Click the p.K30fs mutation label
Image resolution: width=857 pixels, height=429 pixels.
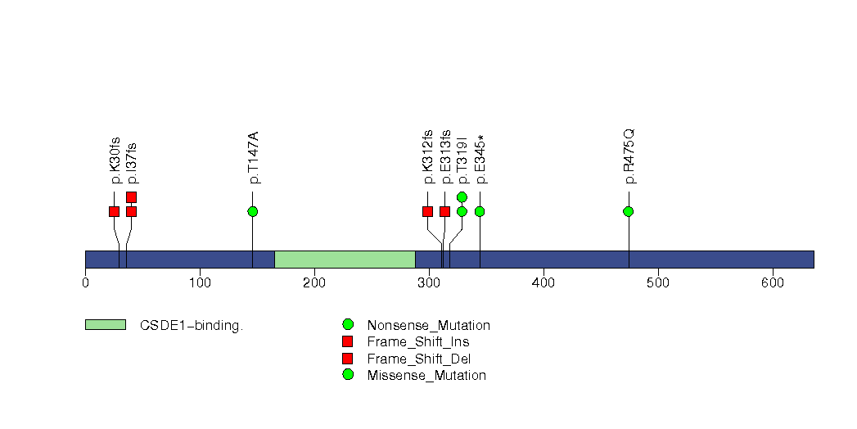115,160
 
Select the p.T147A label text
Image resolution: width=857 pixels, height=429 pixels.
253,157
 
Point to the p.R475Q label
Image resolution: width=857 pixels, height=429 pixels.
629,156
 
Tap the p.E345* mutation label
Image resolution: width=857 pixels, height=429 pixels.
480,159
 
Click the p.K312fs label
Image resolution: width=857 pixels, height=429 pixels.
428,156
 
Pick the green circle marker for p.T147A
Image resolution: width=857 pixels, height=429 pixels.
252,211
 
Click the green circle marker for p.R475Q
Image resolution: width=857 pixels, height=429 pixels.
629,211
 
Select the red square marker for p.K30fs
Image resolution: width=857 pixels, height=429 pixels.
115,211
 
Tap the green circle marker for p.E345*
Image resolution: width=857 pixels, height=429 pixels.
480,211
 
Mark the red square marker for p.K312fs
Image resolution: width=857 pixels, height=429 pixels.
428,211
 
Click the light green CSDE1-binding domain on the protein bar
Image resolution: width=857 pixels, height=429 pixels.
345,260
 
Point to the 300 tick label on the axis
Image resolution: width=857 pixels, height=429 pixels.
429,282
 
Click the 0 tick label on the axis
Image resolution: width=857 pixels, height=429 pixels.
85,282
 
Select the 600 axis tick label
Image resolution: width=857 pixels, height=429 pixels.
773,282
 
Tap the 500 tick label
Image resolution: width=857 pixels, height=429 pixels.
658,282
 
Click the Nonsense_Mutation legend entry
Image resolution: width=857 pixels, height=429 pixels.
429,326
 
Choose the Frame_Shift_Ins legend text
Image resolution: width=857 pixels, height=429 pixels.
418,342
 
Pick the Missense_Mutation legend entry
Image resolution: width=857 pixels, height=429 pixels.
426,376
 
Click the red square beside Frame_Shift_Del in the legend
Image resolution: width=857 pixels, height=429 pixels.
348,359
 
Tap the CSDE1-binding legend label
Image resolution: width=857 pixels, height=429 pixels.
192,326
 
